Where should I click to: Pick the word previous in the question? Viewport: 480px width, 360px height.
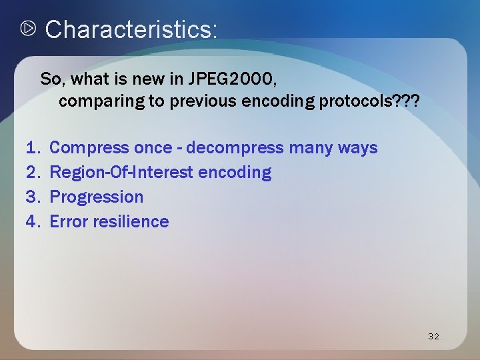click(202, 102)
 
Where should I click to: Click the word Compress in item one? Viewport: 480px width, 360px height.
click(89, 147)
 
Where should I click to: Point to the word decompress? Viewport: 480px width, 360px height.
click(237, 147)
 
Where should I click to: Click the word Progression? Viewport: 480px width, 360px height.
click(97, 197)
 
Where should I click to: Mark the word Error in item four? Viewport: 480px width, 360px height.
click(68, 221)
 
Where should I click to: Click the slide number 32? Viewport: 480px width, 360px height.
click(433, 336)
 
